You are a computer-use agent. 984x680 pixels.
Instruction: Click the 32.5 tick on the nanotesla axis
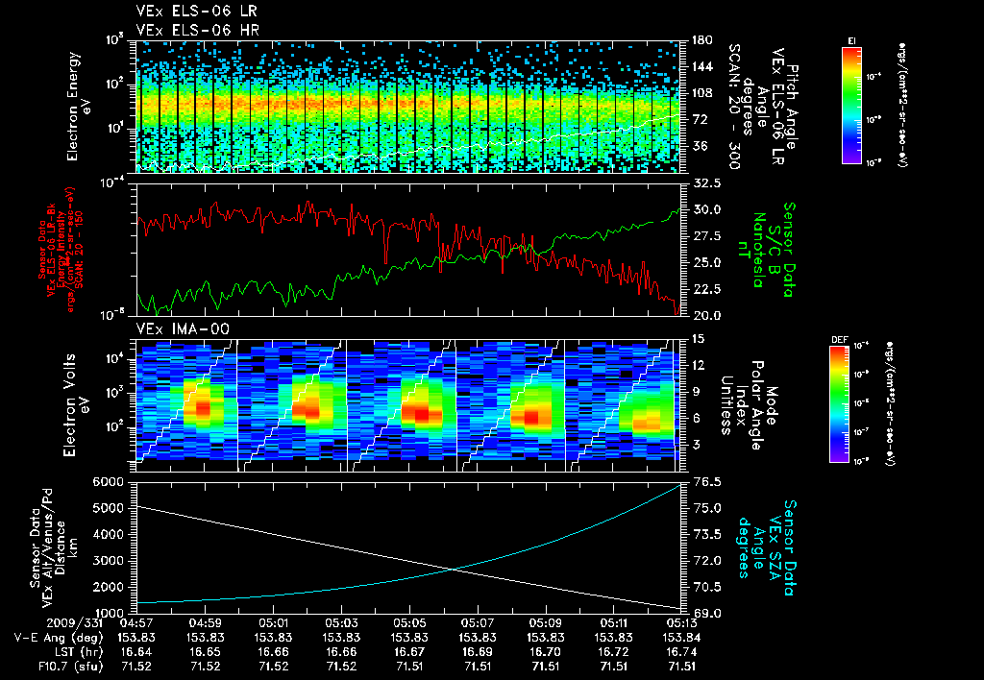pos(707,182)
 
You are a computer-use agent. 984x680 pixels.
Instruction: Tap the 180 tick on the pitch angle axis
pos(701,40)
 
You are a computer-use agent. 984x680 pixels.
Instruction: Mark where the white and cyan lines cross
pos(454,569)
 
